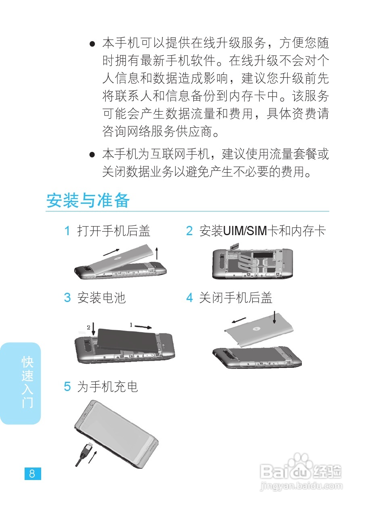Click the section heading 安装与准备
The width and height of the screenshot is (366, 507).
tap(88, 201)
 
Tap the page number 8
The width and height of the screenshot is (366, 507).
tap(32, 474)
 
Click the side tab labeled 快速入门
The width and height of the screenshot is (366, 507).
tap(27, 382)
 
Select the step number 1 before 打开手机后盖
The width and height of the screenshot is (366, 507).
tap(67, 231)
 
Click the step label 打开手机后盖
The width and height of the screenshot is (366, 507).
tap(113, 231)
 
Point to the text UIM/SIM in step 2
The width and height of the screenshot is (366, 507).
tap(245, 231)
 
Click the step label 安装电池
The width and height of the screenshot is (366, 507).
tap(101, 298)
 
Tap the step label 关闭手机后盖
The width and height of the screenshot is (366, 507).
tap(236, 298)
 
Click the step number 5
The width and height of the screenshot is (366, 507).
tap(67, 387)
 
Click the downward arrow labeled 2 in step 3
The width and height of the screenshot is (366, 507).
tap(93, 329)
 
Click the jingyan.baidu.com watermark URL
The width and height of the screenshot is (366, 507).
tap(301, 486)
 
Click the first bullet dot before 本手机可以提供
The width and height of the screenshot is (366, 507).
tap(92, 43)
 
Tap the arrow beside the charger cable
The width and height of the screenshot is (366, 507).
tap(93, 457)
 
